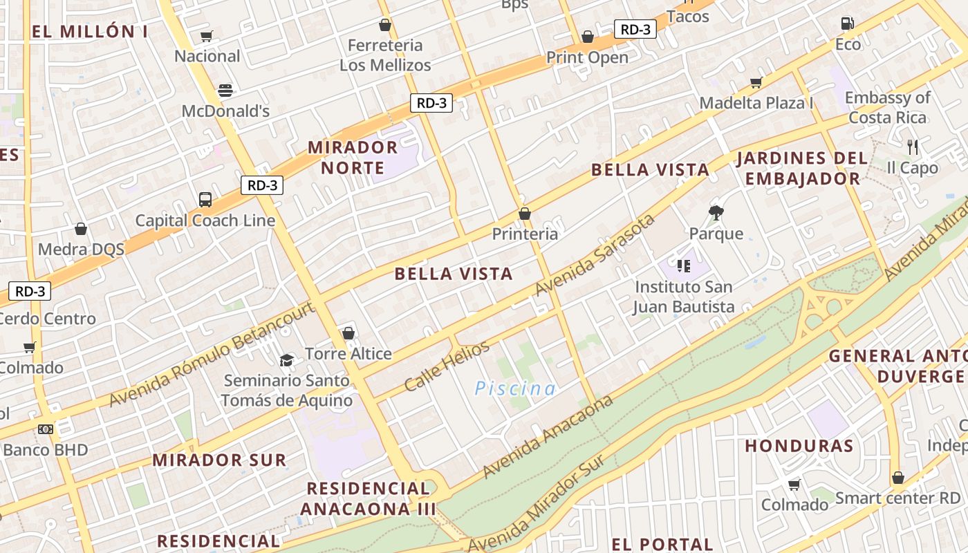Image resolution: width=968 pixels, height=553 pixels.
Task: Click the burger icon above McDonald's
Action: pyautogui.click(x=225, y=90)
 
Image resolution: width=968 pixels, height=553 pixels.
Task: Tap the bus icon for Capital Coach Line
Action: pyautogui.click(x=205, y=200)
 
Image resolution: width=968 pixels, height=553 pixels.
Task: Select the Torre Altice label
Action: pyautogui.click(x=348, y=354)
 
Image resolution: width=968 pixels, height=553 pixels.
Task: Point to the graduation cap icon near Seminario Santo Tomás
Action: pyautogui.click(x=286, y=360)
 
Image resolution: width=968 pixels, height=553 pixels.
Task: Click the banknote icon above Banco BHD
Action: pyautogui.click(x=46, y=429)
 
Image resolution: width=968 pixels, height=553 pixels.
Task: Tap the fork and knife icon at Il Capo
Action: pyautogui.click(x=913, y=147)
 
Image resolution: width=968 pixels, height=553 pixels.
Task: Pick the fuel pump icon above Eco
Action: pyautogui.click(x=847, y=24)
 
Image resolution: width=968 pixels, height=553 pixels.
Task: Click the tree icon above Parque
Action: pyautogui.click(x=716, y=213)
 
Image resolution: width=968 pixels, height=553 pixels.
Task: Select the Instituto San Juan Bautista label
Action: pyautogui.click(x=684, y=297)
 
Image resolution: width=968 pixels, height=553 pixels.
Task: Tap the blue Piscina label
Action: pyautogui.click(x=515, y=388)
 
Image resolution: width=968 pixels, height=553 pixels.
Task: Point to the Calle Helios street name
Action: pyautogui.click(x=447, y=366)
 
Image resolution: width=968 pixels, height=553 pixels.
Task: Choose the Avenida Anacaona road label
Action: pyautogui.click(x=548, y=437)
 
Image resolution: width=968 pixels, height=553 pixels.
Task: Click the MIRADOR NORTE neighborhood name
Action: pyautogui.click(x=353, y=158)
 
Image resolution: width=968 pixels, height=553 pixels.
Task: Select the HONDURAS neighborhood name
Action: pyautogui.click(x=799, y=446)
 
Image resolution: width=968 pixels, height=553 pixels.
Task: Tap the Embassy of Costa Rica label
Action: pyautogui.click(x=887, y=108)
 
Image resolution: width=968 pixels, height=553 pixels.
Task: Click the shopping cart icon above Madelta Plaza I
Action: pyautogui.click(x=756, y=83)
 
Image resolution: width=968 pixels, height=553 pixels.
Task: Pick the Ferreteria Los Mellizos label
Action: pyautogui.click(x=385, y=55)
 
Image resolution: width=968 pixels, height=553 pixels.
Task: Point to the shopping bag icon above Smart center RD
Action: pyautogui.click(x=898, y=478)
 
